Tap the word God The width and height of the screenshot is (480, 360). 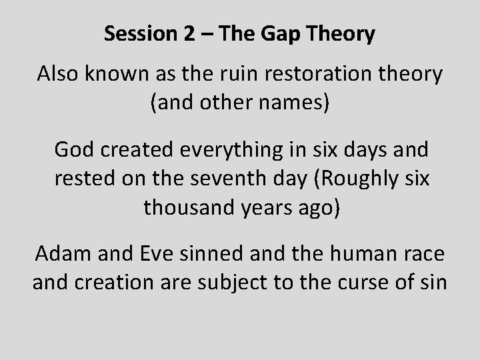[76, 150]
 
